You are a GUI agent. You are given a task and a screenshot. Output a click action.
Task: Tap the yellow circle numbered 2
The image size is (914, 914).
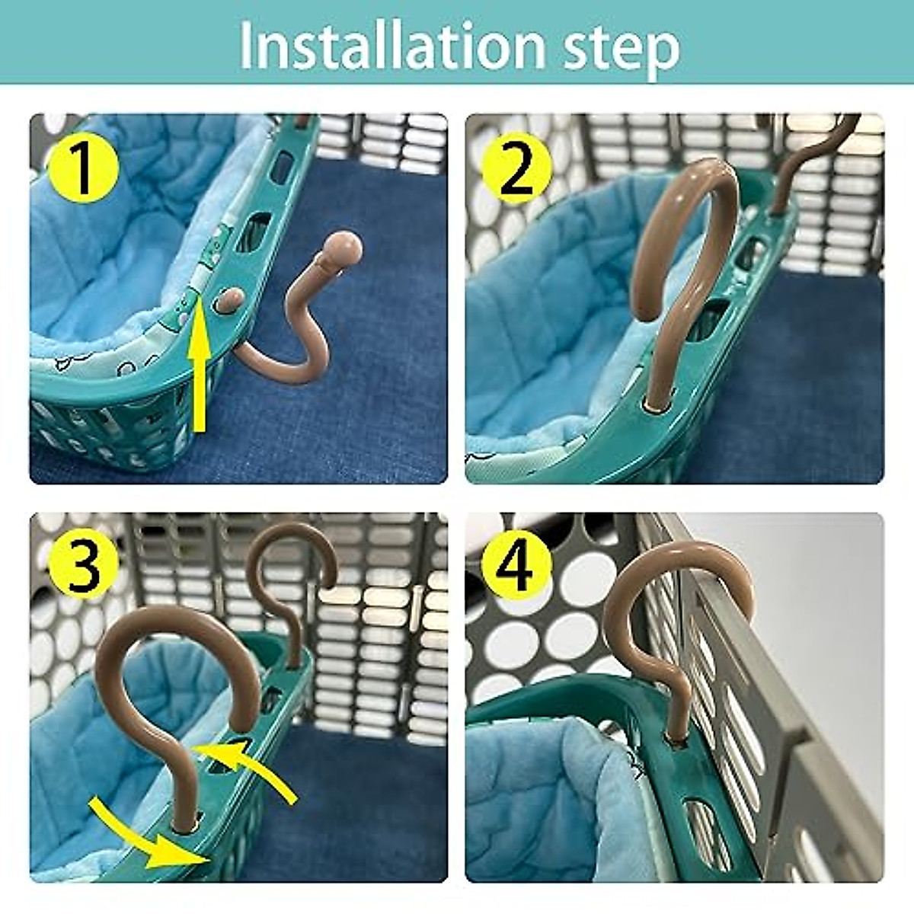[x=517, y=169]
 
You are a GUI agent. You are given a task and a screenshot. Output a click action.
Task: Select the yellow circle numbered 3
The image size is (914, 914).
[x=83, y=567]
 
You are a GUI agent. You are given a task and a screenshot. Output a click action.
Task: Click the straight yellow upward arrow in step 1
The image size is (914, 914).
[x=200, y=366]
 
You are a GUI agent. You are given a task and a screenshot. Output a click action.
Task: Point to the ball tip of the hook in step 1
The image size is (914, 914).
[x=342, y=250]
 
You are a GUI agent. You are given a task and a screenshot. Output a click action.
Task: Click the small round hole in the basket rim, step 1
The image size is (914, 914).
[x=229, y=300]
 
